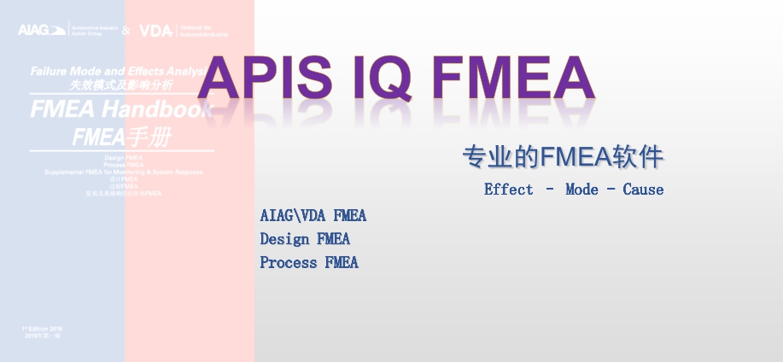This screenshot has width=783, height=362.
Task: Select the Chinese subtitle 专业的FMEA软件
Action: click(x=563, y=157)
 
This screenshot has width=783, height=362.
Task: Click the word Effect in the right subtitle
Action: click(x=508, y=190)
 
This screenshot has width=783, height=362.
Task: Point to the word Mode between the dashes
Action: click(x=581, y=190)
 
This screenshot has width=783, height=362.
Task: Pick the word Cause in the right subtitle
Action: click(x=643, y=190)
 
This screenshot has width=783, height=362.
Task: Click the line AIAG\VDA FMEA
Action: click(x=313, y=215)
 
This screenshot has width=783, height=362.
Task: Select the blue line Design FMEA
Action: click(x=305, y=239)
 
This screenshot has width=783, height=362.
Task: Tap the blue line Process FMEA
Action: click(x=309, y=263)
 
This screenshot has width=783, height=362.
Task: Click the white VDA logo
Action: click(x=155, y=31)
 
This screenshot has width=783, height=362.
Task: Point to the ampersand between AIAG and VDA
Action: click(x=126, y=31)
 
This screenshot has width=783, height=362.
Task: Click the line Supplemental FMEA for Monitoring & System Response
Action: click(x=124, y=172)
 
